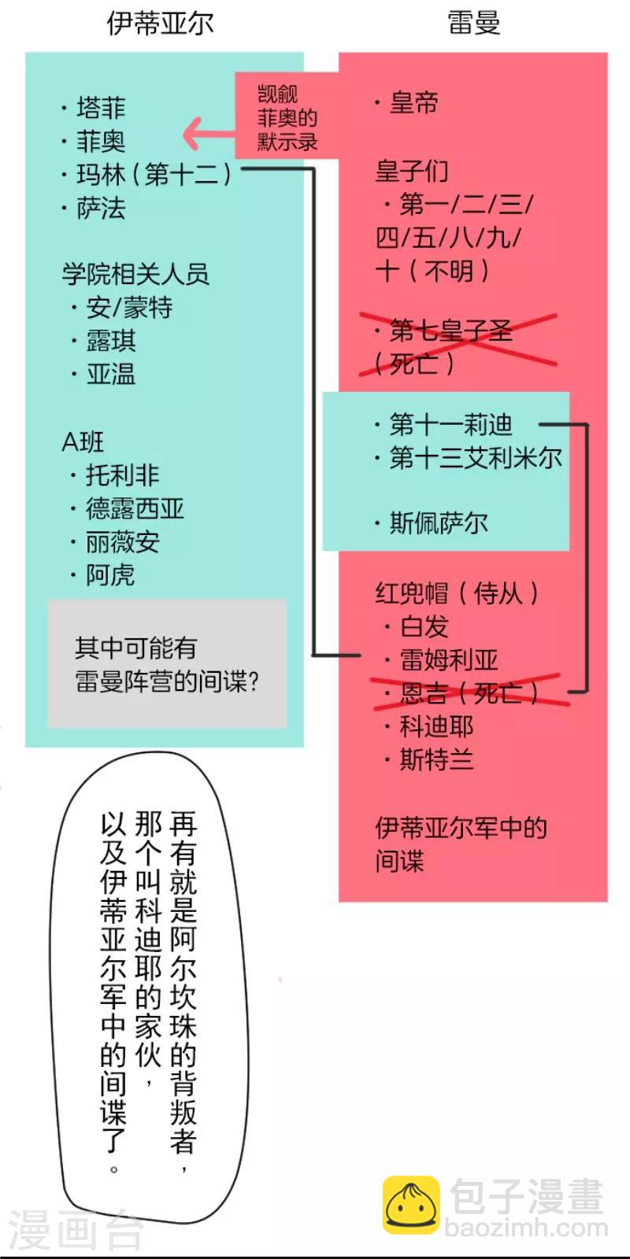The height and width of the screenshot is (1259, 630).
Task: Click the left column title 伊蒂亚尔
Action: [x=161, y=24]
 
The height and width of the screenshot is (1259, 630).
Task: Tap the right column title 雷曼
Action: [x=473, y=24]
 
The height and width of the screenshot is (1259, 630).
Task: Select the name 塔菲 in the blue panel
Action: [x=102, y=107]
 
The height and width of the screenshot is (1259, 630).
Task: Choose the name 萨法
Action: [x=102, y=208]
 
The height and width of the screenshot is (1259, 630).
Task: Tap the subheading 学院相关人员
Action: [x=135, y=275]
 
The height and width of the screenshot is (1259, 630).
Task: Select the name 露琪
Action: [x=111, y=341]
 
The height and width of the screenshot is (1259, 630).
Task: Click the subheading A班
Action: [x=83, y=441]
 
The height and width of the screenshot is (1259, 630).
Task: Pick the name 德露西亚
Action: [x=135, y=508]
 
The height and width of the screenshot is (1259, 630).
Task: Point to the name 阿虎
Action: [x=110, y=575]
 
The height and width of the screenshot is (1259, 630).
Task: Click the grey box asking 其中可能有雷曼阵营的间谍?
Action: [x=167, y=663]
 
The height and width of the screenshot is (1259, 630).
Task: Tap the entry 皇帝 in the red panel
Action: [x=413, y=103]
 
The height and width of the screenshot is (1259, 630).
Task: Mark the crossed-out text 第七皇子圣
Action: [x=450, y=330]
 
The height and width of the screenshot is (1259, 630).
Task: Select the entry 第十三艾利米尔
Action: [x=476, y=457]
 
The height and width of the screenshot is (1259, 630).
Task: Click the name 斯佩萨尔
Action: [x=439, y=523]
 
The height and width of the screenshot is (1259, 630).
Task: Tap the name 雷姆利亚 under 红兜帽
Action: [x=449, y=660]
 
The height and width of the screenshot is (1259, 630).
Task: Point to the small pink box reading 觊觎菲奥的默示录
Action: [x=287, y=115]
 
